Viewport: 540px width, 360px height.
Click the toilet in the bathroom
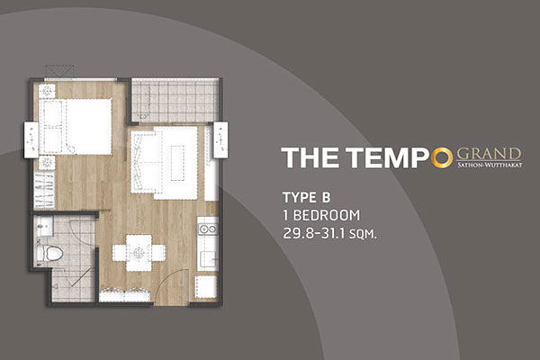[x=49, y=253]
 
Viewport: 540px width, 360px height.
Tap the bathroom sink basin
[x=44, y=226]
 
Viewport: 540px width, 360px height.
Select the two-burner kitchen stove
[x=208, y=229]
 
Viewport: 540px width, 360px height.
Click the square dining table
[x=139, y=253]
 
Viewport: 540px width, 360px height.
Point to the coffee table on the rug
[x=177, y=163]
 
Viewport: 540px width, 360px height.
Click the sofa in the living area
[x=142, y=163]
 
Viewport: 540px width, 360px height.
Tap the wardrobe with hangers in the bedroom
[x=44, y=190]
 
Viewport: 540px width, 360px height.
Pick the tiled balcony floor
[x=175, y=100]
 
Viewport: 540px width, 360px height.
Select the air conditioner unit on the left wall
[x=31, y=140]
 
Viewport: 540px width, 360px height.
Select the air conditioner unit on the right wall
[x=220, y=139]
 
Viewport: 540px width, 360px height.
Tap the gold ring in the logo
[x=442, y=157]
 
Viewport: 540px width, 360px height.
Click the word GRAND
[x=489, y=154]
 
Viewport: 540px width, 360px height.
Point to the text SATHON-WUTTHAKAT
[x=490, y=165]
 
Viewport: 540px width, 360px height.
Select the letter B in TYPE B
[x=326, y=198]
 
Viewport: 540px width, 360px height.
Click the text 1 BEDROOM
[x=321, y=216]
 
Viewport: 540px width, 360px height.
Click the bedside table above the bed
[x=47, y=91]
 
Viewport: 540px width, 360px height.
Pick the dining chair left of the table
[x=119, y=253]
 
